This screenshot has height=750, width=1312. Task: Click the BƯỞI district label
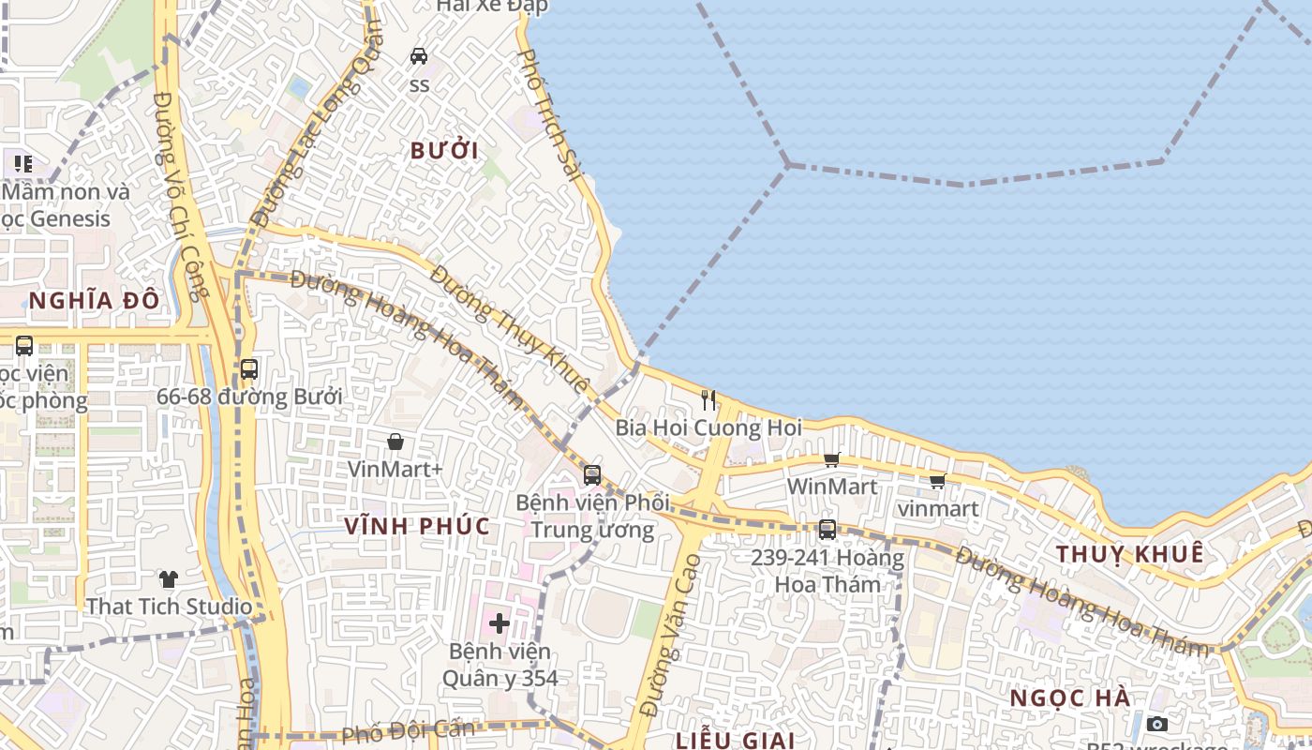click(444, 151)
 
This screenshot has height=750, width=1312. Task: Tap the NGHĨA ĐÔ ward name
click(94, 301)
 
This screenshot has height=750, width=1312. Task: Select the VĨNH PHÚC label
click(417, 526)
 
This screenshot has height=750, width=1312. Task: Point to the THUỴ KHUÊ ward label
click(1129, 554)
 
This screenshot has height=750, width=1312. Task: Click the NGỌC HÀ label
click(1070, 698)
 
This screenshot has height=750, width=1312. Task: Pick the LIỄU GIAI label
click(736, 740)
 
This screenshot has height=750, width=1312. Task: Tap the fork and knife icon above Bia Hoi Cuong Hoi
click(708, 400)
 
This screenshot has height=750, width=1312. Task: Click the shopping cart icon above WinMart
click(831, 459)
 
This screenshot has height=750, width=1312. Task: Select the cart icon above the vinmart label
click(937, 482)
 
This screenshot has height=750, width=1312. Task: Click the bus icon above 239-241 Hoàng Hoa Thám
click(827, 530)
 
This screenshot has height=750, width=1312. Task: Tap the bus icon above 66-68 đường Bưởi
click(248, 369)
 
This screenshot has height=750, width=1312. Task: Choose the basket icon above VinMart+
click(395, 442)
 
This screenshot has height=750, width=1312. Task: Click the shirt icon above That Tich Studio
click(169, 579)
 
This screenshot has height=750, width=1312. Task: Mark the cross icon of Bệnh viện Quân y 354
click(499, 622)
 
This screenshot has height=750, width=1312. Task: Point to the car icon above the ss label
click(419, 56)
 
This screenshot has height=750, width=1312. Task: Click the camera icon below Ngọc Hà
click(1157, 724)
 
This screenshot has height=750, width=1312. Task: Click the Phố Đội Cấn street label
click(409, 731)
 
